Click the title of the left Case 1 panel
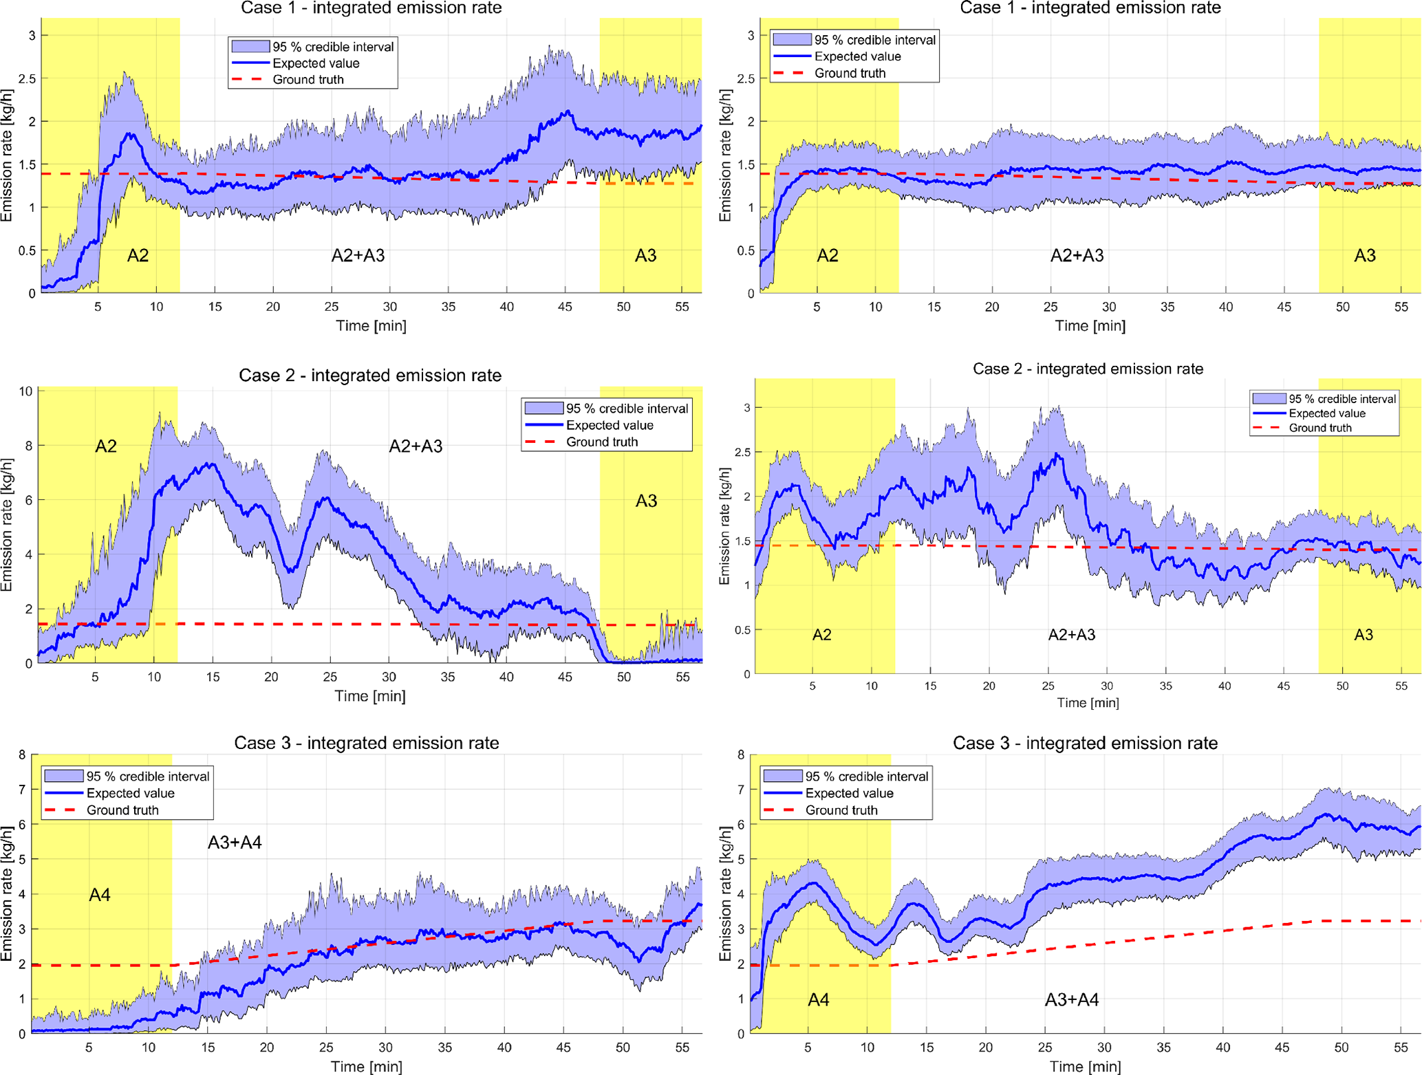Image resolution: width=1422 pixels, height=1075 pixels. [371, 8]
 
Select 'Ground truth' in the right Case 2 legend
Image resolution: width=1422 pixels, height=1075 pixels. [1319, 428]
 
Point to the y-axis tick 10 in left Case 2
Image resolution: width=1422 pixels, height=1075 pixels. [25, 391]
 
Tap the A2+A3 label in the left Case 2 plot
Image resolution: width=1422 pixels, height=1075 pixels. [416, 446]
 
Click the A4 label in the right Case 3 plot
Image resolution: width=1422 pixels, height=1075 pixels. [818, 999]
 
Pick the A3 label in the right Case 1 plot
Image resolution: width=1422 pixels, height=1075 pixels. [1365, 256]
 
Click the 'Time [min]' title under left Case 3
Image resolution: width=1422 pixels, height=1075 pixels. [367, 1066]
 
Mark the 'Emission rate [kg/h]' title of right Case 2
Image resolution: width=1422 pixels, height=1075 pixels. [724, 526]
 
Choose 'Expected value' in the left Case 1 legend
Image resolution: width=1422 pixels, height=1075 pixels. [316, 63]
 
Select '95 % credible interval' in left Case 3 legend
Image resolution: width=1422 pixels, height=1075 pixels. [147, 777]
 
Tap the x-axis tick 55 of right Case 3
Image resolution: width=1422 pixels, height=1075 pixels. [1401, 1047]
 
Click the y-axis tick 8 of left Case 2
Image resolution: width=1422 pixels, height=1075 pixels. [28, 446]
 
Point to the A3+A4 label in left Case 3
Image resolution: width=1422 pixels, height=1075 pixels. [235, 843]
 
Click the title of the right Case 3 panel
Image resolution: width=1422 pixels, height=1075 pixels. [1085, 743]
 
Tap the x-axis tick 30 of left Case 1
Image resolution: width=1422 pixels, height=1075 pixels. [390, 307]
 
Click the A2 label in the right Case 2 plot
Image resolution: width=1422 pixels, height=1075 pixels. [821, 635]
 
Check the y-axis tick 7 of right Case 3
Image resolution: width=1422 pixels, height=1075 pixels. [741, 790]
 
